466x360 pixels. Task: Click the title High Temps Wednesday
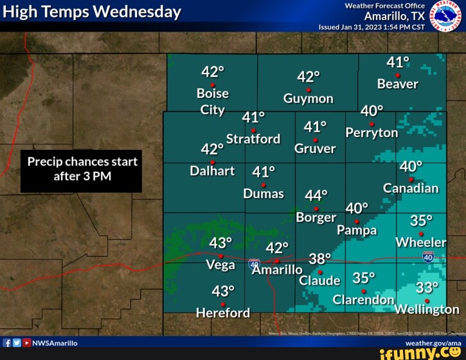point(92,12)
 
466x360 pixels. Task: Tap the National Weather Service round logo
point(445,15)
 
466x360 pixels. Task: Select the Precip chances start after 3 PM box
point(81,169)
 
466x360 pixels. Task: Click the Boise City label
point(213,101)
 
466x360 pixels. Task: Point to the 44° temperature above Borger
point(316,195)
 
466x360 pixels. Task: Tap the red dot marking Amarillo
point(277,261)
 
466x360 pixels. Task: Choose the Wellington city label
point(427,310)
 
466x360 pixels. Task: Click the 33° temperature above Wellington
point(427,287)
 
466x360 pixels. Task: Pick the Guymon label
point(309,98)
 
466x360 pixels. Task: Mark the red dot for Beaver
point(397,75)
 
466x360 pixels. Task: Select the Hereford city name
point(223,313)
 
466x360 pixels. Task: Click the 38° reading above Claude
point(319,258)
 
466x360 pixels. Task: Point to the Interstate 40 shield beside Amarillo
point(255,264)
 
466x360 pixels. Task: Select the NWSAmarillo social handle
point(55,343)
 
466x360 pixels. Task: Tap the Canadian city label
point(411,188)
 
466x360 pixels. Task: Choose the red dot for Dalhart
point(212,162)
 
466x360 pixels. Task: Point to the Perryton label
point(372,132)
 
